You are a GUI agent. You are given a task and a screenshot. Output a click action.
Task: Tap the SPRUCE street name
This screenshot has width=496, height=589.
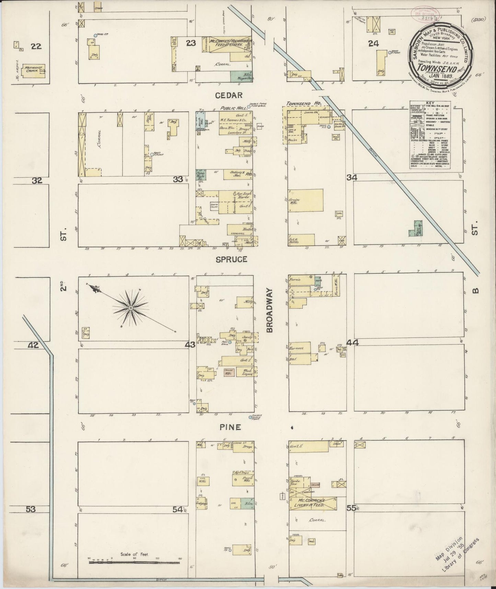[231, 259]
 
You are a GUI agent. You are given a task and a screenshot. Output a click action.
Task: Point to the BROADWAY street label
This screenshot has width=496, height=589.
[270, 310]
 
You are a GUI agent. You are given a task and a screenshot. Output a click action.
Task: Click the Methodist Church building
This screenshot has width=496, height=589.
[34, 70]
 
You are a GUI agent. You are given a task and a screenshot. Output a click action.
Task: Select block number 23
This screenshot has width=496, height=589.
[191, 43]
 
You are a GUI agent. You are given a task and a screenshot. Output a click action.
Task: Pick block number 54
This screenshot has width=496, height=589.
[177, 510]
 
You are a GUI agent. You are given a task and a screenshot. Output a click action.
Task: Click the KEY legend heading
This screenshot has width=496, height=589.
[429, 103]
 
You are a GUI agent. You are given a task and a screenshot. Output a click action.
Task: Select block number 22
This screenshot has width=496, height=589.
[36, 46]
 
